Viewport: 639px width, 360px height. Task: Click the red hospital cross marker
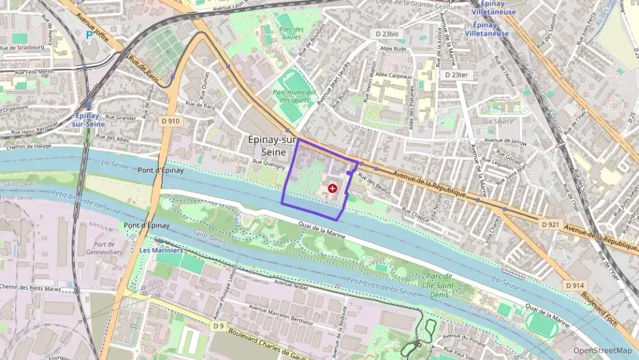click(332, 187)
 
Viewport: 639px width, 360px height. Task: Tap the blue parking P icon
click(87, 34)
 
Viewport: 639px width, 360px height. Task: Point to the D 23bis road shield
click(388, 33)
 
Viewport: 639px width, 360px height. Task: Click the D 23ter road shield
click(456, 74)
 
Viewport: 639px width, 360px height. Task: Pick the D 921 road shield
click(550, 224)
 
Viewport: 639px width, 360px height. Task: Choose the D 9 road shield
click(218, 326)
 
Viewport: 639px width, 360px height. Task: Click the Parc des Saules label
click(291, 32)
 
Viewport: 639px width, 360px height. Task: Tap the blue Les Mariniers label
click(156, 250)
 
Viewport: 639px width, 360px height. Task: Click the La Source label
click(499, 121)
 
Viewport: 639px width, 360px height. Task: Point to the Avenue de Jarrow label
click(505, 142)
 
